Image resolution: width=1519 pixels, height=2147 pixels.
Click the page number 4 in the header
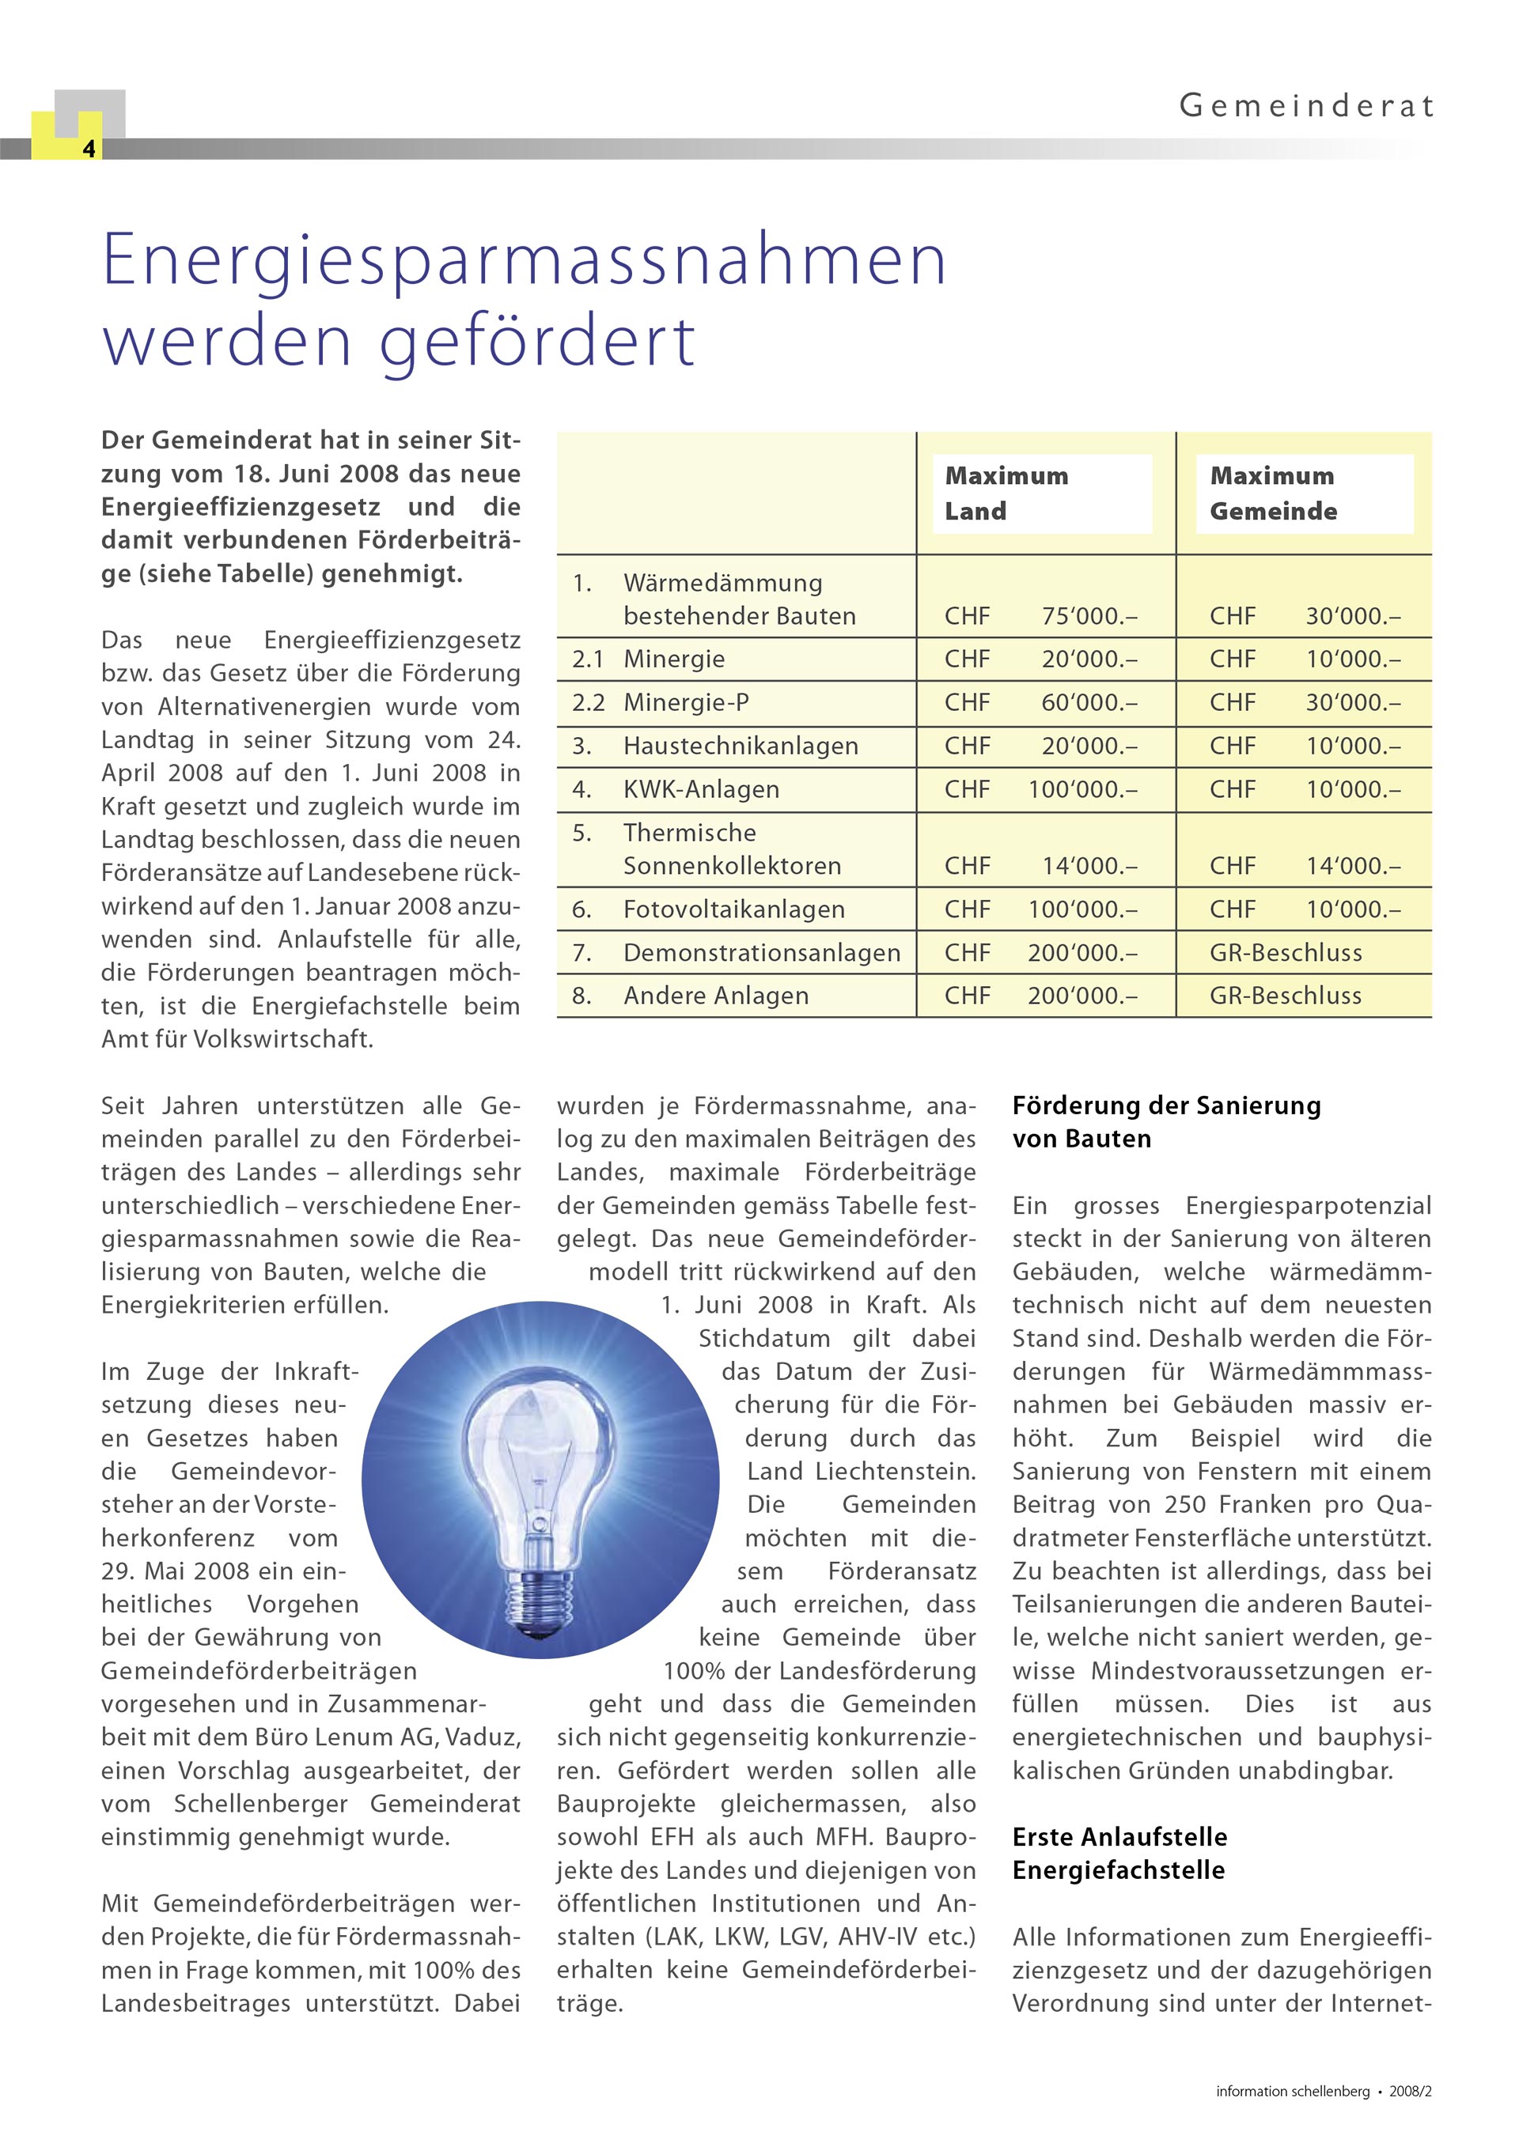click(x=89, y=149)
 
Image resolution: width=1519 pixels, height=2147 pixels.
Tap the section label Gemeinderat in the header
click(x=1305, y=106)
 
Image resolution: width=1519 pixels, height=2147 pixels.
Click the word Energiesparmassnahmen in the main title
click(x=524, y=260)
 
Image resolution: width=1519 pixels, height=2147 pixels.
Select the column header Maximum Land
click(x=1006, y=493)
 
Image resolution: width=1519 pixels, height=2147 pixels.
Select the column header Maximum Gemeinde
click(x=1273, y=493)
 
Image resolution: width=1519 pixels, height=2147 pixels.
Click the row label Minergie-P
click(x=686, y=702)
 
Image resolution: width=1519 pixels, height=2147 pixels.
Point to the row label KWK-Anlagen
click(x=701, y=789)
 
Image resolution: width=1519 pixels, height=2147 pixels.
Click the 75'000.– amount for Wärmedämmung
click(x=1089, y=616)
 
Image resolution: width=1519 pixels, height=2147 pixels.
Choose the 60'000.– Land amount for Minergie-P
click(x=1089, y=702)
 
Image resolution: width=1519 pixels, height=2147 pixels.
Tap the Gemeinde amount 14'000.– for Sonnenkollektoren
click(x=1354, y=866)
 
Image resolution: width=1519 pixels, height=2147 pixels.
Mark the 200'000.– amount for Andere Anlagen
click(x=1082, y=996)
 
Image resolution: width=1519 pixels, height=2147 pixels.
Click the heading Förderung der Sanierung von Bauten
click(x=1165, y=1122)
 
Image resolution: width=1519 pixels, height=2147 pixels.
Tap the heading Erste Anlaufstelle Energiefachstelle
click(x=1119, y=1854)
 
